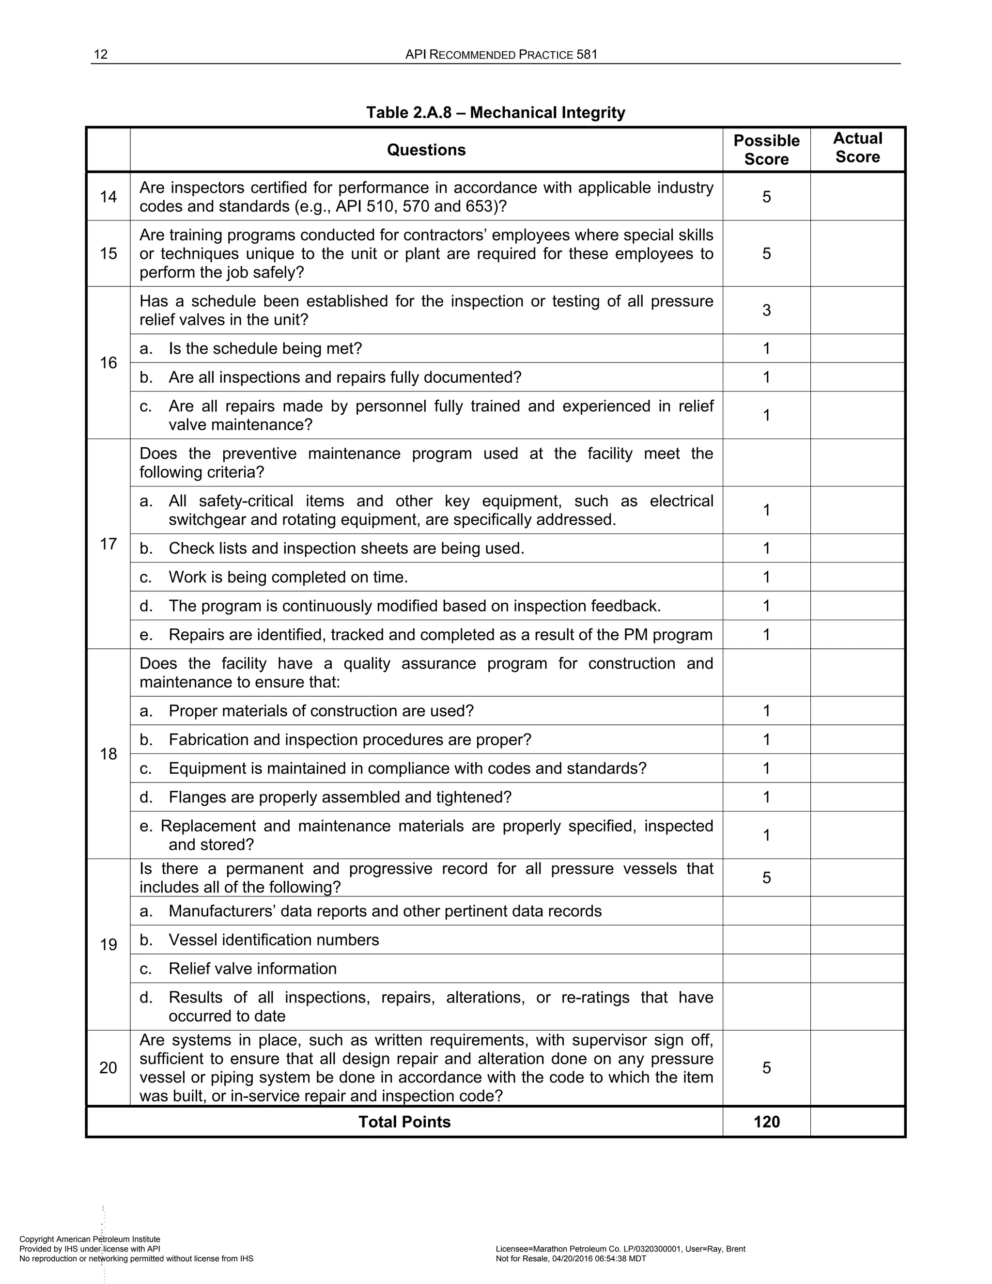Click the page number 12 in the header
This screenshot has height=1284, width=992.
100,55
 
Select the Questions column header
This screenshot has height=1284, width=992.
426,150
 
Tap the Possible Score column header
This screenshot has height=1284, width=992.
766,150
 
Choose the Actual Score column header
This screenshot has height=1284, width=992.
857,148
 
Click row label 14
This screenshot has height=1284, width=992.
108,197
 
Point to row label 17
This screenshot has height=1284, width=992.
108,544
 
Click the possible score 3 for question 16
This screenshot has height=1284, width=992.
766,311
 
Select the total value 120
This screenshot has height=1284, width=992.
766,1122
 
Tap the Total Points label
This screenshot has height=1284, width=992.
404,1122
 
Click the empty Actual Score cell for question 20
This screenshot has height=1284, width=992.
857,1067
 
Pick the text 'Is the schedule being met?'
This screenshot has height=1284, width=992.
265,349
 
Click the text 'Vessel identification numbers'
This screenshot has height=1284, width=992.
274,940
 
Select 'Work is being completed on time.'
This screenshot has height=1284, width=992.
288,578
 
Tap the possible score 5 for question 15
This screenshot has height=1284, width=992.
766,253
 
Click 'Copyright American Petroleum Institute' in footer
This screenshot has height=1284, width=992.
89,1239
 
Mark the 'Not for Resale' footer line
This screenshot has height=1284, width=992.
571,1259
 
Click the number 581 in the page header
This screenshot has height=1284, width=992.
587,55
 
